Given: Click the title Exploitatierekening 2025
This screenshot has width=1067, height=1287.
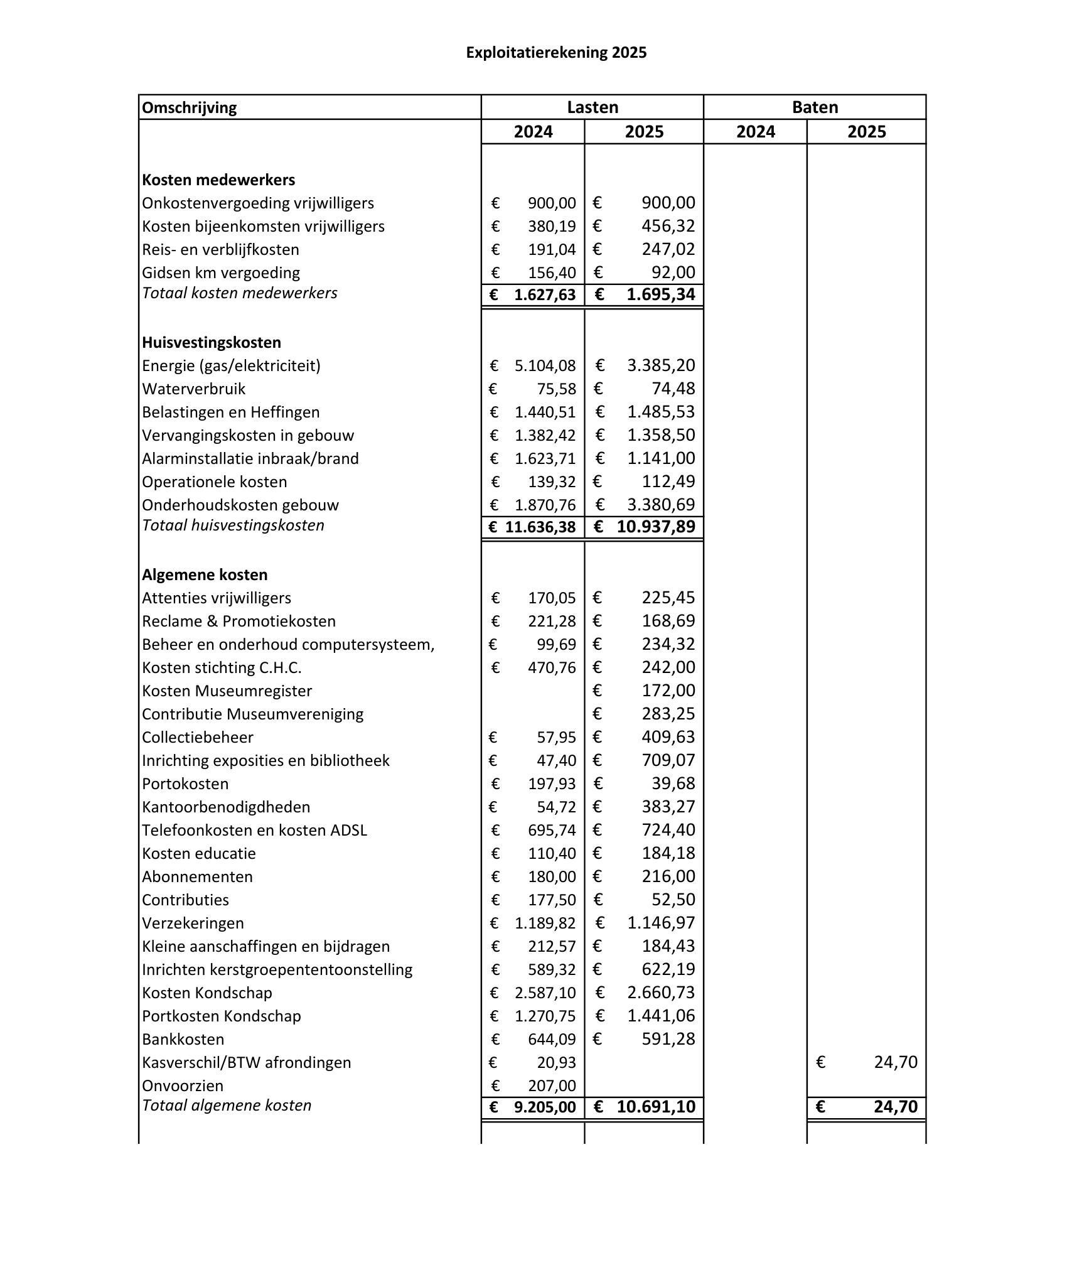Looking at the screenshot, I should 556,53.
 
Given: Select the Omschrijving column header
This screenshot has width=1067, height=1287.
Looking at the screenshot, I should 190,107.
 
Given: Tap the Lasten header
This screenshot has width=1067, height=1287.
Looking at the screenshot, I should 592,107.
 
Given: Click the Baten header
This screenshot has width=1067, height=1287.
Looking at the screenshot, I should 815,107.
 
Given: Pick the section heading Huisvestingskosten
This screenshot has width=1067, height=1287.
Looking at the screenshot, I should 212,343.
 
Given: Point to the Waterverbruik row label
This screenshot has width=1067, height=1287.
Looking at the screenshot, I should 194,389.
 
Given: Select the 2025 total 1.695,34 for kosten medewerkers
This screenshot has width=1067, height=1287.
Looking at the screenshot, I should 660,295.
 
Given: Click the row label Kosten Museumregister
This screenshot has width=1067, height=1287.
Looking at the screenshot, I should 227,691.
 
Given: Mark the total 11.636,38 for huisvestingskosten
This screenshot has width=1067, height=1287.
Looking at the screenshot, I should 540,527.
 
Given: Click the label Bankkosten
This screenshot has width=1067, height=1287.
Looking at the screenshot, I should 183,1040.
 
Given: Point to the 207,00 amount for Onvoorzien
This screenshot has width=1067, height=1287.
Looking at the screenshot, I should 552,1086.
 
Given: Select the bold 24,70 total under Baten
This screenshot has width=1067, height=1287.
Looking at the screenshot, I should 895,1107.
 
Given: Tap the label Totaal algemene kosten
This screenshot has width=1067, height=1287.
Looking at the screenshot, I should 227,1106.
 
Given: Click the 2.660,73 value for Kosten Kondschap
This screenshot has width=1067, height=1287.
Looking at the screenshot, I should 661,993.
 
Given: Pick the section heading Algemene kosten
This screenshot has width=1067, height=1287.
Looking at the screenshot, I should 205,575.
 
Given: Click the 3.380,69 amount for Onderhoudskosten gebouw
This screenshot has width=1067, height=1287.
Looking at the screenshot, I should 661,505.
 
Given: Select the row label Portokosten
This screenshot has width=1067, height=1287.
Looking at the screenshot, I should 185,784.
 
